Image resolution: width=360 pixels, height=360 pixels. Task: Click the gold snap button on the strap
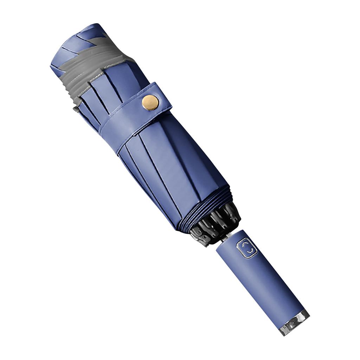click(150, 102)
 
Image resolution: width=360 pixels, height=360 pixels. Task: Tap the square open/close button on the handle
click(247, 249)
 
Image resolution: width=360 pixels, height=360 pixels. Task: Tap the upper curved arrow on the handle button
click(246, 245)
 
